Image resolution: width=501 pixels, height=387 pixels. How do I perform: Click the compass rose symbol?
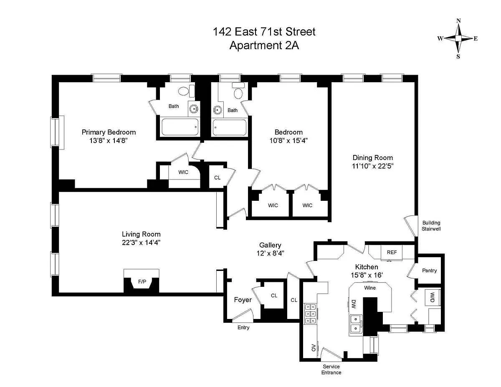tap(458, 38)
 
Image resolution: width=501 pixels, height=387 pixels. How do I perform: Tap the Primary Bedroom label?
tap(109, 132)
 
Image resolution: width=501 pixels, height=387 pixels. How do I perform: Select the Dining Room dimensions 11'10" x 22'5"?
tap(372, 166)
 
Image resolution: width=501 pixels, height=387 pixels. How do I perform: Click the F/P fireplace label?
tap(142, 281)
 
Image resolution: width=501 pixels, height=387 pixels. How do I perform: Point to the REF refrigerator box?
tap(392, 253)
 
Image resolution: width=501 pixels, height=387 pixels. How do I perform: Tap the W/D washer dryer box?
tap(433, 297)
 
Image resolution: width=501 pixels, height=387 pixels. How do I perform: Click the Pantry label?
tap(429, 271)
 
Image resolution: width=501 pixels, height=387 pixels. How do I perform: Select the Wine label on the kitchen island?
tap(370, 288)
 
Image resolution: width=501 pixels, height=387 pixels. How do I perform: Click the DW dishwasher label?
tap(354, 304)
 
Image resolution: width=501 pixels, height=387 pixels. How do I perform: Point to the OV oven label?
tap(313, 347)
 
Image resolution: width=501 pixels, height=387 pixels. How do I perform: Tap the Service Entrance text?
tap(331, 369)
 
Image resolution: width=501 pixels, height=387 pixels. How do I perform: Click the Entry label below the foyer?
tap(243, 328)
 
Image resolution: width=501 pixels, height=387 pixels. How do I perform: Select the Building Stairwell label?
tap(431, 226)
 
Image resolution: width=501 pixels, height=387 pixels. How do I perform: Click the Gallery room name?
tap(270, 245)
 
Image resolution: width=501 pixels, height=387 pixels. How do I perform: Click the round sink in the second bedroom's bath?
tap(217, 110)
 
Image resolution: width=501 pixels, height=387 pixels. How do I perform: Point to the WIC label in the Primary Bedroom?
tap(183, 172)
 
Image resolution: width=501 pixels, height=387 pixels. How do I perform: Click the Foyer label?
tap(243, 300)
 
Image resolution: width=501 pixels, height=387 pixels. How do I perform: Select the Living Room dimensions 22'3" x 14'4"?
tap(141, 243)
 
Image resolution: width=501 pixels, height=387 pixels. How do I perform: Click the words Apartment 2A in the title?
tap(264, 45)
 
